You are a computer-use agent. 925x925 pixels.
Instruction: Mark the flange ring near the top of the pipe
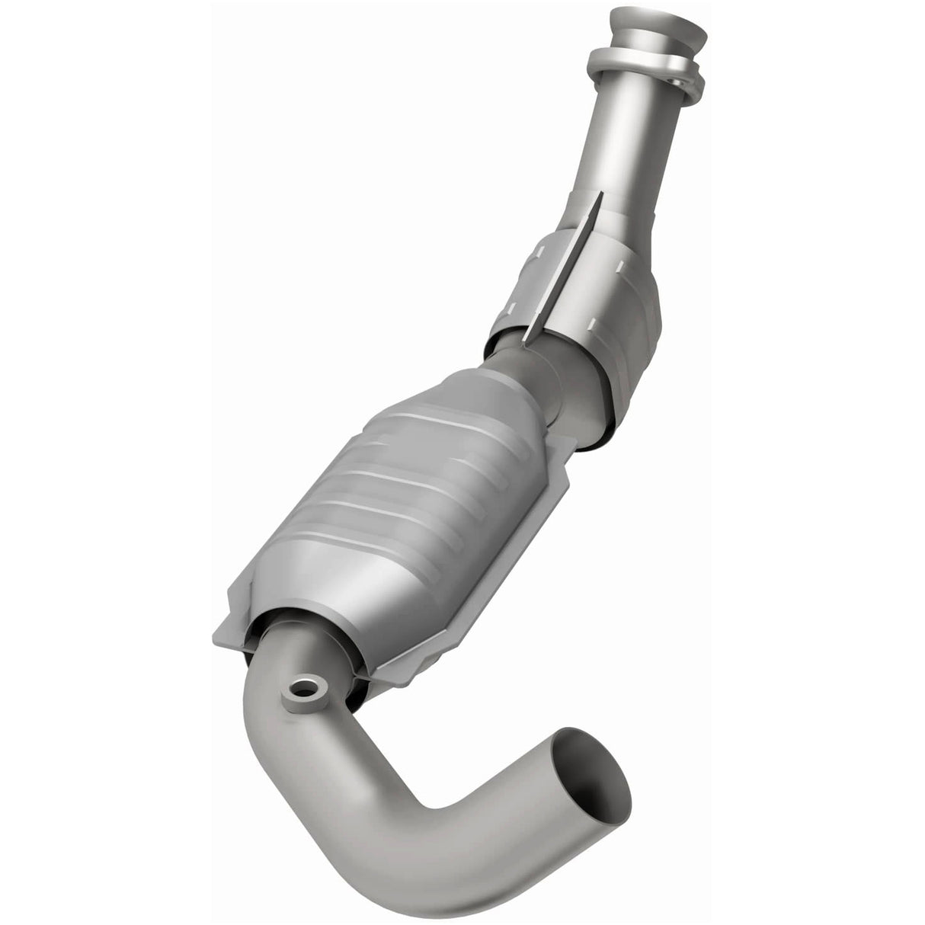tap(644, 69)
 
